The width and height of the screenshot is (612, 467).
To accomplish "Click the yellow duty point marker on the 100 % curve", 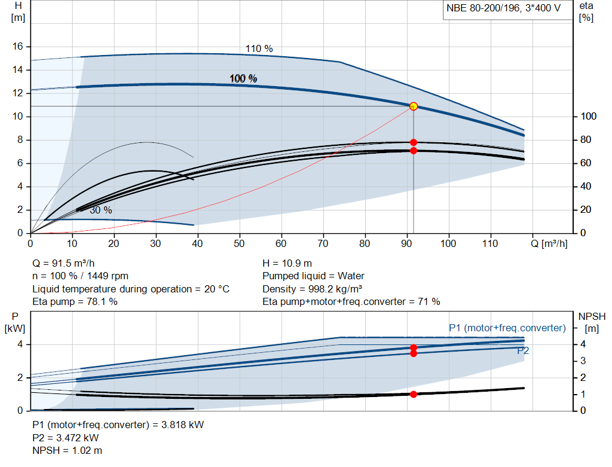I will coord(413,106).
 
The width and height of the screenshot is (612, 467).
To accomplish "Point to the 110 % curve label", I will coord(259,48).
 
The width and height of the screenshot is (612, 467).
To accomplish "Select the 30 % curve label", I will coord(100,210).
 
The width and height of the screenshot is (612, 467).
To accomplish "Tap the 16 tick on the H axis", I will coord(18,46).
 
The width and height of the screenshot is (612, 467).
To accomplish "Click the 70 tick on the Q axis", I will coord(323,243).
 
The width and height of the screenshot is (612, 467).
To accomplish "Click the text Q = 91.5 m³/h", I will coord(63,263).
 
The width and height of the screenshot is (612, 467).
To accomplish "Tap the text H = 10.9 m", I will coord(287,263).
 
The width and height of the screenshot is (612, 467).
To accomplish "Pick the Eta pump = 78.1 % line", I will coord(75,301).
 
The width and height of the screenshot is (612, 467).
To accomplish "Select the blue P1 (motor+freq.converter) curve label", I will coord(507,328).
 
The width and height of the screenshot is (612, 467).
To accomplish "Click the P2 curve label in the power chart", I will coord(523,351).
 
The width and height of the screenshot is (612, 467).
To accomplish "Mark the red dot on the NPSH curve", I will coord(413,394).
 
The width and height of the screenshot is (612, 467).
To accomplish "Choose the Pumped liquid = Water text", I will coord(313,276).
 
